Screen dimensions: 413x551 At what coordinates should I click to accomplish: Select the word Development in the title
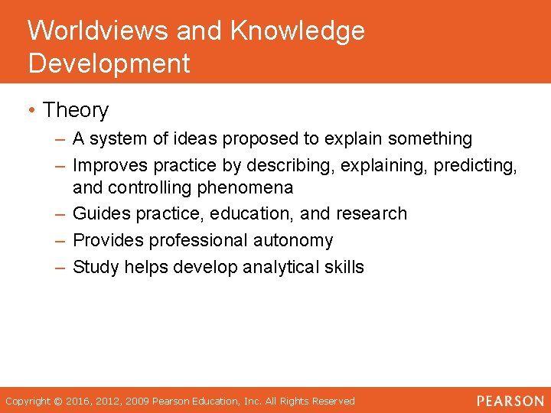click(x=109, y=63)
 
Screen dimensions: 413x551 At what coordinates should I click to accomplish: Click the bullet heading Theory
click(x=76, y=111)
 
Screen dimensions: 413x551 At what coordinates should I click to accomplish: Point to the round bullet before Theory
click(x=31, y=111)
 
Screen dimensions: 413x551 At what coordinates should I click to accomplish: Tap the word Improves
click(x=110, y=166)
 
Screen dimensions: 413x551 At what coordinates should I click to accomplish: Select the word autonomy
click(x=295, y=241)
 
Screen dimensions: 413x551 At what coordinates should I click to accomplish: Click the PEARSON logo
click(x=510, y=401)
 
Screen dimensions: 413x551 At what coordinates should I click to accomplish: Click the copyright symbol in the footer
click(x=59, y=401)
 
